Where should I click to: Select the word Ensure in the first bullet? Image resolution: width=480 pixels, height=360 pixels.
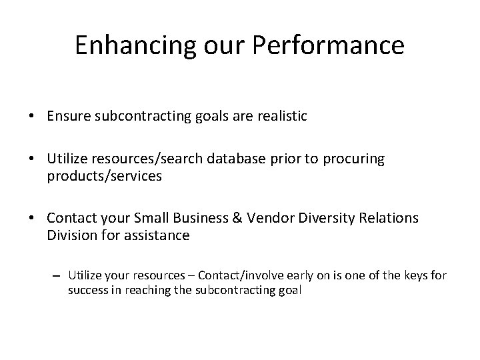66,117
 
